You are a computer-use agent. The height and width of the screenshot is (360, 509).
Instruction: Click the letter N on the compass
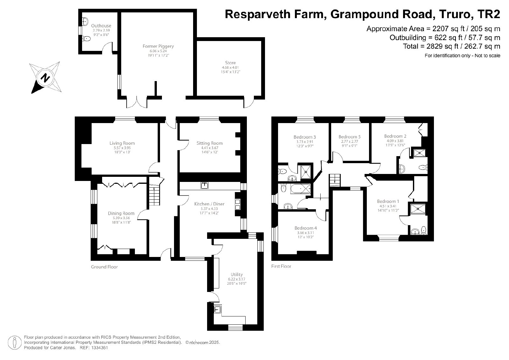pos(45,78)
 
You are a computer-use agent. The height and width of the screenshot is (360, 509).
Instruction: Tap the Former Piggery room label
pos(158,46)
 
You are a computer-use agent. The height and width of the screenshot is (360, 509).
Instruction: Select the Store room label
pos(230,63)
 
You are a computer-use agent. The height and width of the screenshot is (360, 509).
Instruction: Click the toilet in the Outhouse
pos(86,39)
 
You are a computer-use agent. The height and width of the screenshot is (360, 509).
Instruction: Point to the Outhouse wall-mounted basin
pos(85,21)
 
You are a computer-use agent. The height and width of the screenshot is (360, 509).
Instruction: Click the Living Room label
pos(122,143)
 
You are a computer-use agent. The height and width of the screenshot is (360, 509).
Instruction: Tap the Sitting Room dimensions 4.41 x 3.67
pos(210,148)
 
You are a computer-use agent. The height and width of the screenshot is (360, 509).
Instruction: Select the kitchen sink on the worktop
pos(205,185)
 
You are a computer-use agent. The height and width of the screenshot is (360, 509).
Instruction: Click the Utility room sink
pos(218,309)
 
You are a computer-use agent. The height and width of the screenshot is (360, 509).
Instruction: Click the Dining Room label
pos(121,213)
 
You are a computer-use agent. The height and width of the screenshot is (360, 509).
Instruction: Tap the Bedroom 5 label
pos(350,137)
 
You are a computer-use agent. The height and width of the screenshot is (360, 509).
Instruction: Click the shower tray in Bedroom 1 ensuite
pos(418,209)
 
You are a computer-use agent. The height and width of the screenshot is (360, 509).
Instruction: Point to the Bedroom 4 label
pos(306,228)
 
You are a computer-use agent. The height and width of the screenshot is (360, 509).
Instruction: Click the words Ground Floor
pos(104,267)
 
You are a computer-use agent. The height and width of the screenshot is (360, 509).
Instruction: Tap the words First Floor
pos(281,266)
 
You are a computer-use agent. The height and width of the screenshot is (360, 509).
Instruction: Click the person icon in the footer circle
pos(15,343)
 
